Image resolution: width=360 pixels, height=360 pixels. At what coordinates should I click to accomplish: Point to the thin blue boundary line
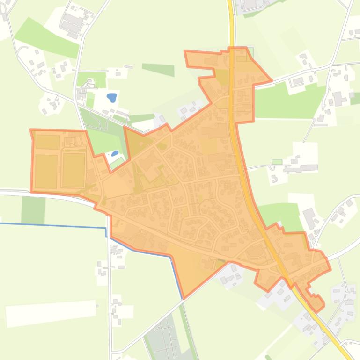point(56,226)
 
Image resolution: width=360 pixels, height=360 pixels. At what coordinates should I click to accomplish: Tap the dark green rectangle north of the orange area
point(158,70)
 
